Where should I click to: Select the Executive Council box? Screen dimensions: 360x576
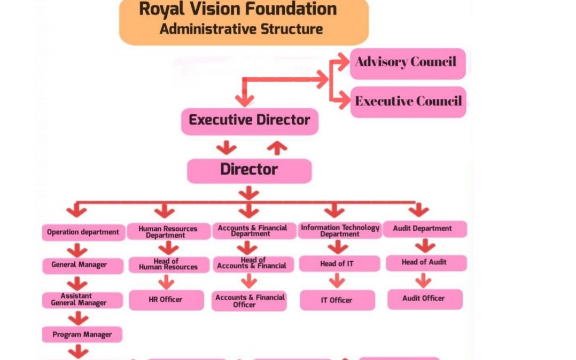pos(408,101)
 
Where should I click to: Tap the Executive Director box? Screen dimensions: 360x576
pos(250,121)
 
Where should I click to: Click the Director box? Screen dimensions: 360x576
pos(249,170)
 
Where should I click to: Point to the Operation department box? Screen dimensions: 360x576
pos(83,232)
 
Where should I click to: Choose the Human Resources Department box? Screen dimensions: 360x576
pos(168,232)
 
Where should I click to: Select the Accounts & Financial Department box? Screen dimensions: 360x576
pos(252,231)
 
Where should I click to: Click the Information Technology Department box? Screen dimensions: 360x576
pos(340,231)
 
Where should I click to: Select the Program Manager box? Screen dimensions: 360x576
pos(82,335)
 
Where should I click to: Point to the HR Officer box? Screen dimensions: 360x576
pos(166,300)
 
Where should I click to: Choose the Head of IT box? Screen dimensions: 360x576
pos(337,264)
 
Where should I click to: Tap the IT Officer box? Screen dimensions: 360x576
pos(337,300)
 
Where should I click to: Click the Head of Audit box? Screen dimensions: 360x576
pos(424,262)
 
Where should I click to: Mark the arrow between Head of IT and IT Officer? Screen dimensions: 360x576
pos(337,281)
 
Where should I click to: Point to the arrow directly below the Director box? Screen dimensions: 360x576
pos(249,193)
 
